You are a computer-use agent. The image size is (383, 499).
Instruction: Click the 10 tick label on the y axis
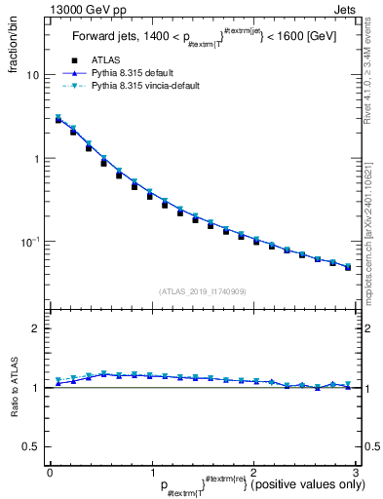coord(33,75)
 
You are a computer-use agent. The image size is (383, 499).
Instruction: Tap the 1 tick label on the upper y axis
coord(36,158)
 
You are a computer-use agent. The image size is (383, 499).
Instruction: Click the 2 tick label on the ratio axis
coord(36,329)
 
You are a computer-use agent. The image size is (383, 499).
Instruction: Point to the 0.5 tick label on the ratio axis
coord(31,446)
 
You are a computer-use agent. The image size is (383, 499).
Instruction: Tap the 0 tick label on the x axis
coord(50,473)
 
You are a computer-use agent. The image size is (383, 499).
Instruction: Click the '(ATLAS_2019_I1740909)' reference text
coord(202,291)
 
